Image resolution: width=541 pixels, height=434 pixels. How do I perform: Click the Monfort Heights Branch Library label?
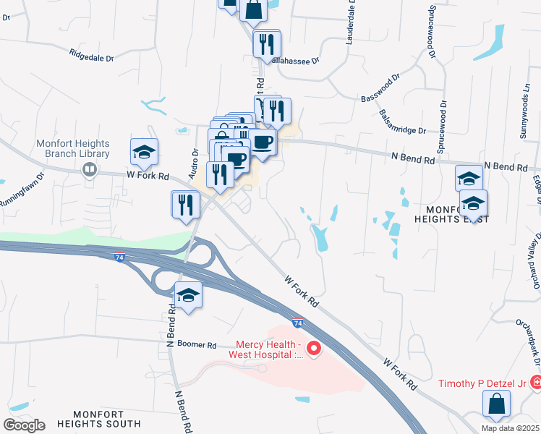(73, 148)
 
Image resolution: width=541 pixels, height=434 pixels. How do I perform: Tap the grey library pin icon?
(90, 170)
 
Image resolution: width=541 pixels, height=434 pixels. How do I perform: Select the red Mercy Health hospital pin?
(314, 349)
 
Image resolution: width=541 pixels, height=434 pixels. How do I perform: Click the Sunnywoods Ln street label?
(524, 115)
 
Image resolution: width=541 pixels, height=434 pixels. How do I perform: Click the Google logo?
(24, 425)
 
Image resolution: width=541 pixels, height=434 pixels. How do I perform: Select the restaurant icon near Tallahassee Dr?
(266, 45)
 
